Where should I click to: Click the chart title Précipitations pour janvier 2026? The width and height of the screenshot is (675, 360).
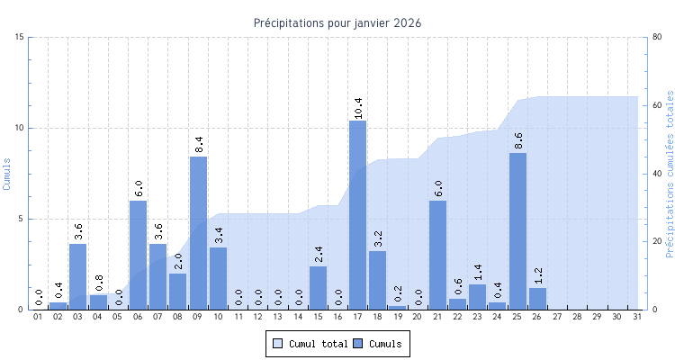pyautogui.click(x=337, y=22)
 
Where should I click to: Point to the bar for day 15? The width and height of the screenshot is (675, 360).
pyautogui.click(x=318, y=287)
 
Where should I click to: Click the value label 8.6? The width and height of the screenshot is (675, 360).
pyautogui.click(x=518, y=140)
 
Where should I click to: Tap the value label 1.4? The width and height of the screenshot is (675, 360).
pyautogui.click(x=478, y=272)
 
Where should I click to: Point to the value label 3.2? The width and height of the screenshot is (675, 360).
pyautogui.click(x=378, y=238)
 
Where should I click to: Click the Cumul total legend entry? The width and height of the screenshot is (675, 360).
pyautogui.click(x=310, y=343)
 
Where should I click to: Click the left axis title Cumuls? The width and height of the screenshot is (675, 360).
pyautogui.click(x=8, y=173)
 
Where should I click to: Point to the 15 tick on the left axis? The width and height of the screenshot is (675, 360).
pyautogui.click(x=20, y=37)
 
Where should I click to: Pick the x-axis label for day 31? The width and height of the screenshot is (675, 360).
pyautogui.click(x=637, y=317)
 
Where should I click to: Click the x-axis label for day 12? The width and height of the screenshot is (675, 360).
pyautogui.click(x=257, y=317)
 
